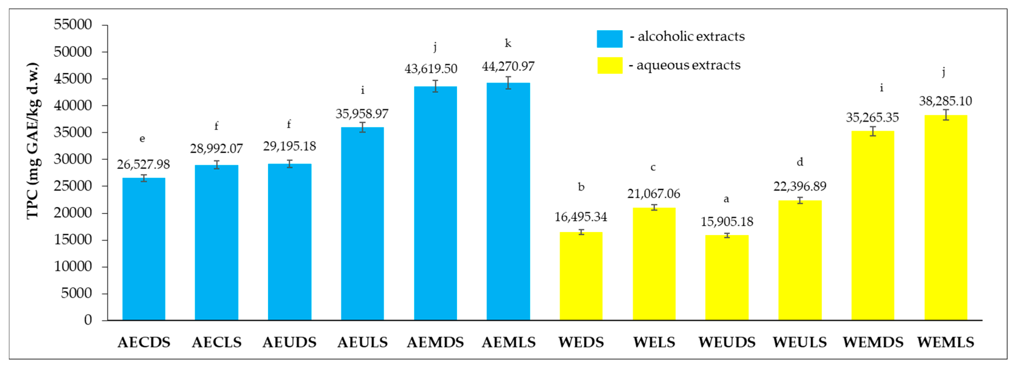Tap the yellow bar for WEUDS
pos(727,278)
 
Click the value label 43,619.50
pos(431,69)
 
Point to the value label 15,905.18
pos(727,222)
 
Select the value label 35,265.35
pos(872,117)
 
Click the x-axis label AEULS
pos(363,342)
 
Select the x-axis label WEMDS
pos(873,342)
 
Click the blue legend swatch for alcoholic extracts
pos(610,39)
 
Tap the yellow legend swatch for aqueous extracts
pos(610,65)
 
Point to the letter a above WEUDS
pos(726,199)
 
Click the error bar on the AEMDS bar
pos(435,86)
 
